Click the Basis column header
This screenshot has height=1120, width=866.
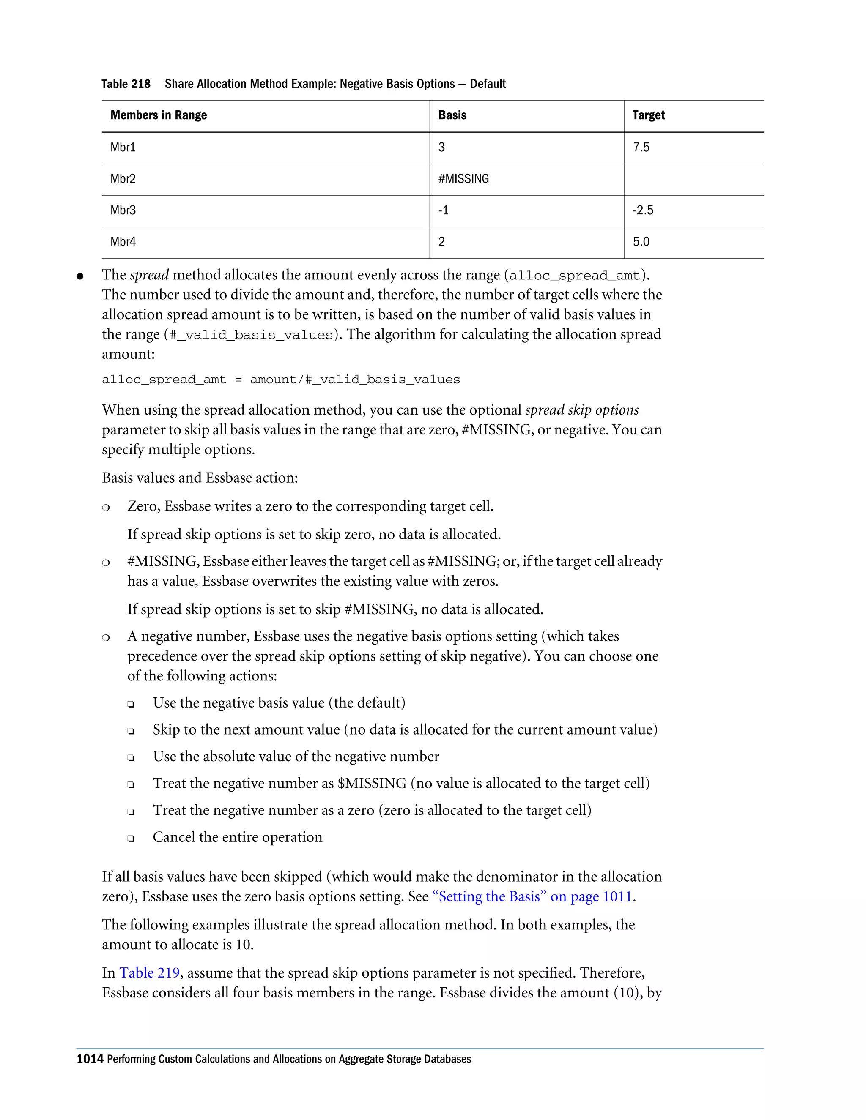pos(452,115)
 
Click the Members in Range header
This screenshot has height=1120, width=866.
pos(159,115)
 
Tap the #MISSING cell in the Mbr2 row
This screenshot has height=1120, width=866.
pos(463,179)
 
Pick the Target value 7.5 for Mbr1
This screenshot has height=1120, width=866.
pos(641,148)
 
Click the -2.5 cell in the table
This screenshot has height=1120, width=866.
pos(643,210)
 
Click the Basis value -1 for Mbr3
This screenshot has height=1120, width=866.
pos(443,210)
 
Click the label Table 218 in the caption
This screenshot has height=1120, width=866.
pos(126,84)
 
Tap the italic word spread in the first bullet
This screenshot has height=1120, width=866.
pos(149,276)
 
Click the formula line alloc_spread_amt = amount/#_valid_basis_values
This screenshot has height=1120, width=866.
pos(281,380)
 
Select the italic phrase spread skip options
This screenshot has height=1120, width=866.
pos(582,410)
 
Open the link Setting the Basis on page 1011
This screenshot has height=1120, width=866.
pos(532,896)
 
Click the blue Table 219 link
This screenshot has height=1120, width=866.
pos(149,973)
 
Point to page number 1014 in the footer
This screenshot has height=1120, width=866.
pos(90,1059)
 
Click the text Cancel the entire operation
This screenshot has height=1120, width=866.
pos(238,837)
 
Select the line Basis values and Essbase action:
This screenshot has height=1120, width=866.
pos(200,478)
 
